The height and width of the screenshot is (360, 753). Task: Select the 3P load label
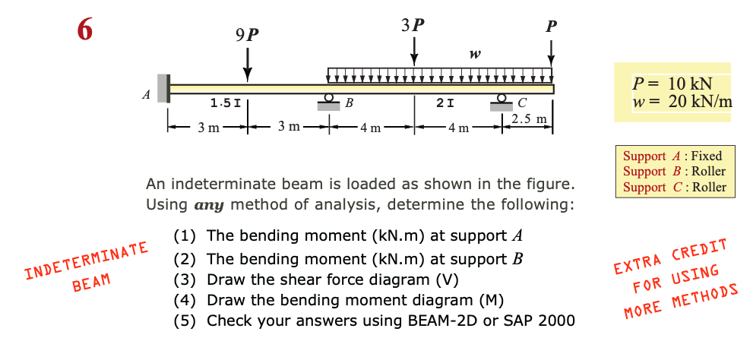coord(413,24)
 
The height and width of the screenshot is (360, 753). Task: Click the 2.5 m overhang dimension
coord(529,119)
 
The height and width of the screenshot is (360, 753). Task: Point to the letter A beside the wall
coord(145,95)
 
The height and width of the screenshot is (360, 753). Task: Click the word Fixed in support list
coord(707,156)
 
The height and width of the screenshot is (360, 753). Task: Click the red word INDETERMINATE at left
coord(86,260)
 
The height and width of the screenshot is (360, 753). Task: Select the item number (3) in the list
coord(186,278)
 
